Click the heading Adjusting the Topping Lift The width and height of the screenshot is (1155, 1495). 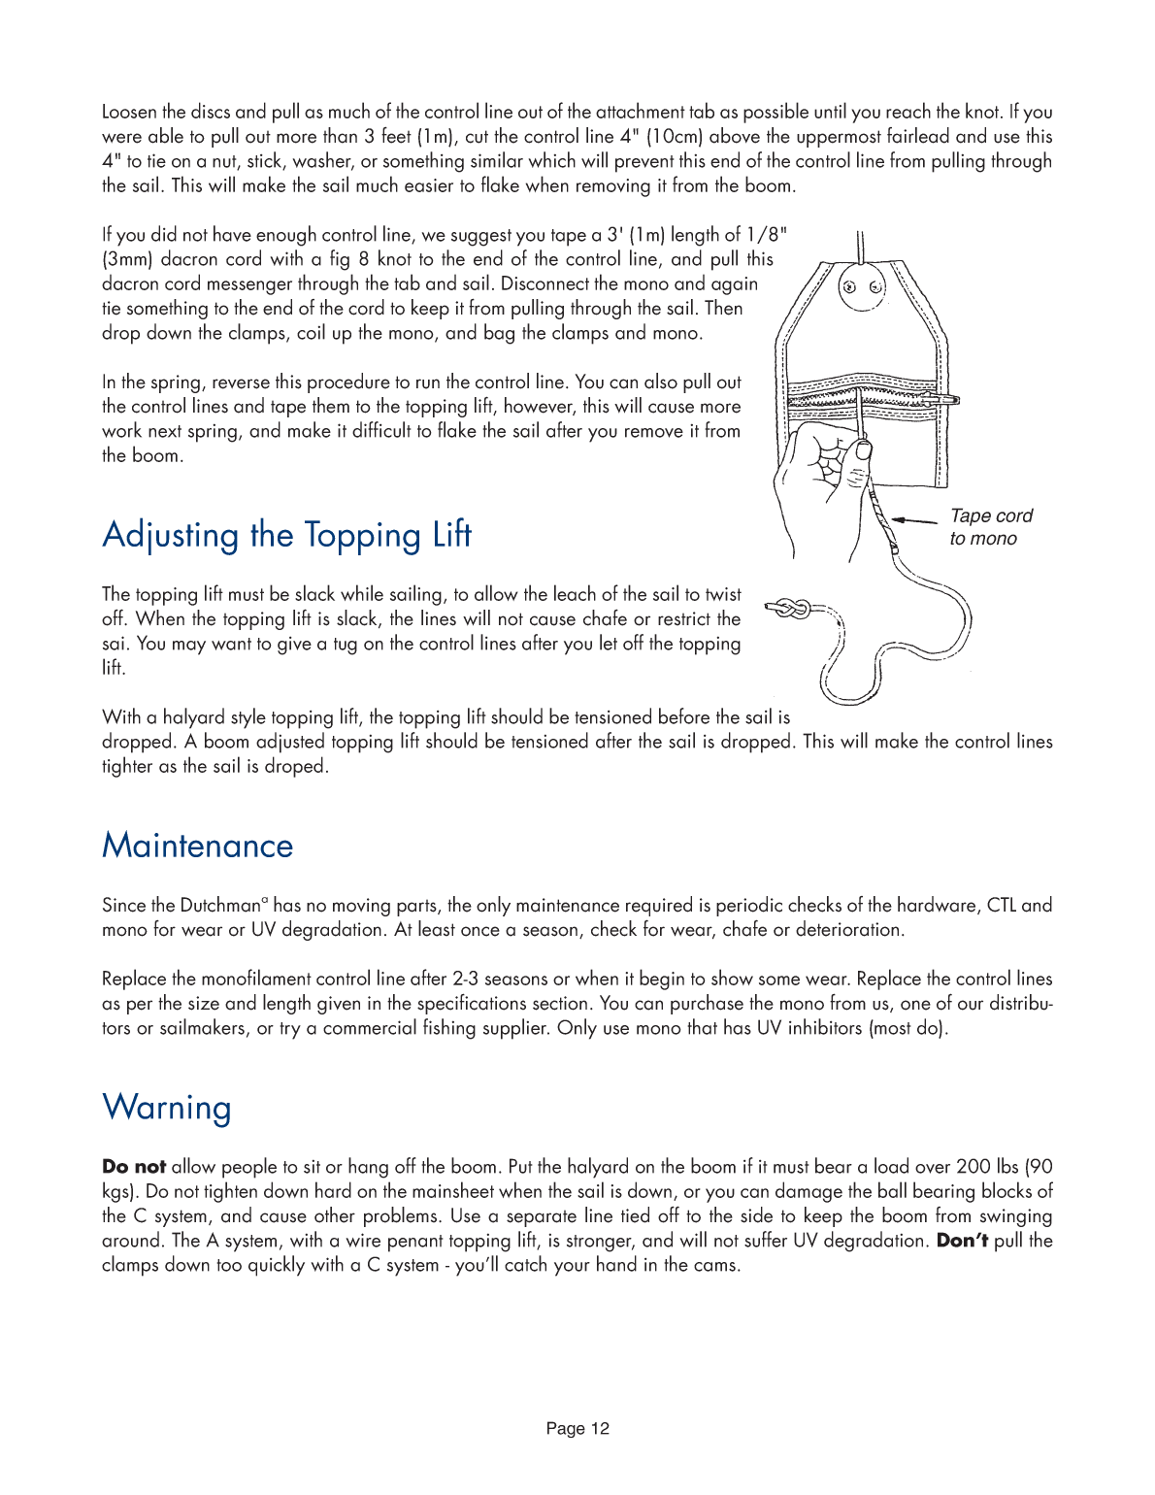[286, 535]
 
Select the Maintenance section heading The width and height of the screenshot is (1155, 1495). [197, 846]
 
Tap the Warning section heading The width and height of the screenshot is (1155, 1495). [166, 1108]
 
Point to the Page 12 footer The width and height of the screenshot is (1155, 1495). [577, 1428]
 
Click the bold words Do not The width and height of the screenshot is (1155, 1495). [133, 1167]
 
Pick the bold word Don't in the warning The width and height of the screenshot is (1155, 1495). [962, 1241]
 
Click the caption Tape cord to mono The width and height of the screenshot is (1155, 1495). [990, 527]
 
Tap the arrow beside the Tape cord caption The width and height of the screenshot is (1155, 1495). [913, 521]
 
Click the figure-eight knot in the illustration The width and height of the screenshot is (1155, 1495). [792, 610]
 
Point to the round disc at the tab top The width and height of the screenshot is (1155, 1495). [861, 287]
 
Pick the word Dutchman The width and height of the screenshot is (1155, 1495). [219, 906]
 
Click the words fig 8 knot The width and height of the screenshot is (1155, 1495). [370, 259]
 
